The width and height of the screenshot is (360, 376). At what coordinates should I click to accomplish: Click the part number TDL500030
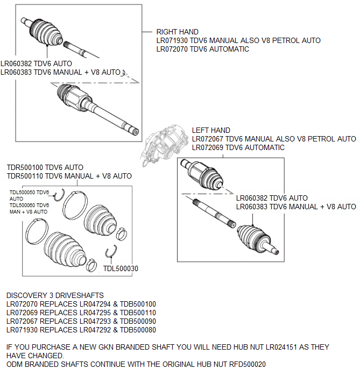(x=121, y=268)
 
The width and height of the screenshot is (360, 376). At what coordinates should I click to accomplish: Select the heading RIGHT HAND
(x=177, y=32)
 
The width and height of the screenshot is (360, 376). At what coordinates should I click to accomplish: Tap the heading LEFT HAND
(x=211, y=130)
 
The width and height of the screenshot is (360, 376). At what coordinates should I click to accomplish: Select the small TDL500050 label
(x=23, y=192)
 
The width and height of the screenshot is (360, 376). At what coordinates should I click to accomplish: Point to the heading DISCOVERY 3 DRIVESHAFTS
(x=55, y=296)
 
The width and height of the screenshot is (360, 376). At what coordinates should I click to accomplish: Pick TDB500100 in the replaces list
(x=138, y=304)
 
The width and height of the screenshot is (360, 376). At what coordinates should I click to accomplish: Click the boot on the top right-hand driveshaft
(x=43, y=32)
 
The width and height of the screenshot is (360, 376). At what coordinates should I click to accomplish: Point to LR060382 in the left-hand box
(x=255, y=198)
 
